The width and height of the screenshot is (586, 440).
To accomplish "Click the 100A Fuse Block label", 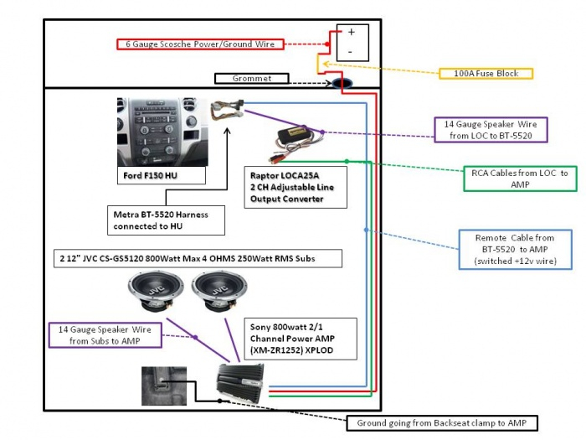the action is click(486, 74).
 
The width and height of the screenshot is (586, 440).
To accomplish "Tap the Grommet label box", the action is click(252, 79).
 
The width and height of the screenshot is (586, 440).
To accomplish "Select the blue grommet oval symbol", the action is click(342, 83).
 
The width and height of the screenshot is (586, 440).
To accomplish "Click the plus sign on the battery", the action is click(352, 32).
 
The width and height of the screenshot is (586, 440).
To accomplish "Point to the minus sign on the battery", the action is click(350, 52).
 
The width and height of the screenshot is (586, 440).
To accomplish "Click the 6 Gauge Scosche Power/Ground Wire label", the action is click(200, 44).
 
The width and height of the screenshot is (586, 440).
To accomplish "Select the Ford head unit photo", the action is click(162, 132).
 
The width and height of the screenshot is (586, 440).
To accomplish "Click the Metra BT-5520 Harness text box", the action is click(166, 220).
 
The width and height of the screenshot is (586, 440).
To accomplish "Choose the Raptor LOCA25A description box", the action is click(296, 187).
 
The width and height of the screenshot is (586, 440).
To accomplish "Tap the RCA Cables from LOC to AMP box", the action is click(520, 179).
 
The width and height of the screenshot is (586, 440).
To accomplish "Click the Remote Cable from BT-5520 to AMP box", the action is click(515, 249).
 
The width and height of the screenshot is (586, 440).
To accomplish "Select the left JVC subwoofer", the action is click(156, 291).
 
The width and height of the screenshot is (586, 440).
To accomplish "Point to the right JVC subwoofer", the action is click(219, 291).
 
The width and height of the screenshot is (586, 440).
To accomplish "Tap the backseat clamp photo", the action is click(164, 386).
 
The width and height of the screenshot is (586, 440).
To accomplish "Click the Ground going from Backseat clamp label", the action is click(442, 423).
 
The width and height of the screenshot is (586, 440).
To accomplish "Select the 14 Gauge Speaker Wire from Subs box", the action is click(105, 335).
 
